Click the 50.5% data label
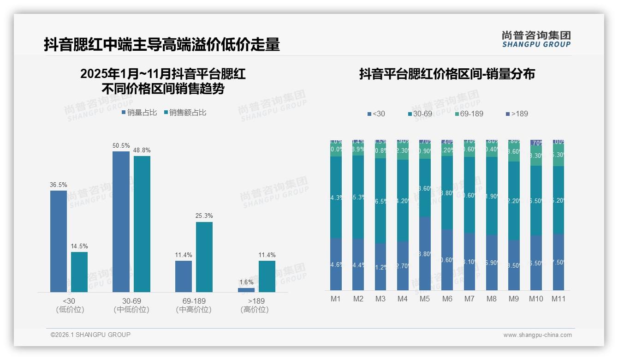pyautogui.click(x=121, y=146)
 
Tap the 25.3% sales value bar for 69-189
pyautogui.click(x=204, y=257)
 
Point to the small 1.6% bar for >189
pyautogui.click(x=246, y=290)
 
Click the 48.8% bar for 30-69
pyautogui.click(x=142, y=224)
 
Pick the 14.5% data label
pyautogui.click(x=79, y=246)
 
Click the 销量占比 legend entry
pyautogui.click(x=139, y=113)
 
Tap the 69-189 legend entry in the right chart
pyautogui.click(x=469, y=114)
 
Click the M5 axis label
pyautogui.click(x=425, y=299)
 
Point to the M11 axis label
pyautogui.click(x=559, y=299)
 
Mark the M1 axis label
pyautogui.click(x=336, y=299)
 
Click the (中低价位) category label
pyautogui.click(x=131, y=310)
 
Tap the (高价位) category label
pyautogui.click(x=255, y=310)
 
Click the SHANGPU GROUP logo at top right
pyautogui.click(x=536, y=39)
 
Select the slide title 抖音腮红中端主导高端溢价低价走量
pyautogui.click(x=162, y=45)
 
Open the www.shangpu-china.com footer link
pyautogui.click(x=537, y=335)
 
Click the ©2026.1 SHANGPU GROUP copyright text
pyautogui.click(x=90, y=335)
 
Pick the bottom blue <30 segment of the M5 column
pyautogui.click(x=425, y=253)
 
